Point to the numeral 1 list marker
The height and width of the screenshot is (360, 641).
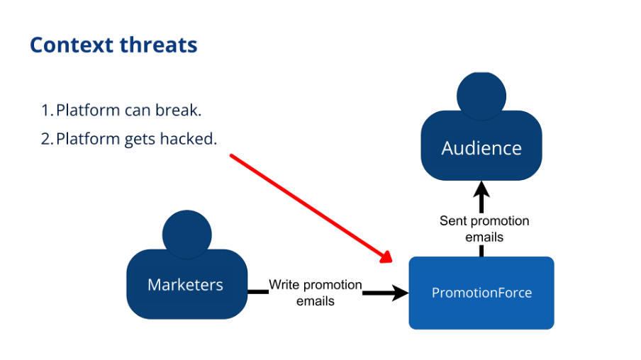(x=46, y=111)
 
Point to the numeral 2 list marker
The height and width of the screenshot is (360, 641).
(x=47, y=138)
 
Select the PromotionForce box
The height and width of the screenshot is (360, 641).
(x=481, y=293)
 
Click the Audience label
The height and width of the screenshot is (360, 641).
(x=481, y=148)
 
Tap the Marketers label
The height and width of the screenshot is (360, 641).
(x=185, y=285)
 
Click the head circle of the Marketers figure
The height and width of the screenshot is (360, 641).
(x=186, y=232)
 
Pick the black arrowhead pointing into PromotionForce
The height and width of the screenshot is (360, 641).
(x=400, y=292)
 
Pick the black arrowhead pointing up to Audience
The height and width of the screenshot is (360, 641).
(x=482, y=191)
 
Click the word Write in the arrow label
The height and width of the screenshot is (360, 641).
(x=284, y=285)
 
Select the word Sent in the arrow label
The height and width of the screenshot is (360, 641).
(x=453, y=220)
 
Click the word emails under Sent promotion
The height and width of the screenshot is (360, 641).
(x=484, y=237)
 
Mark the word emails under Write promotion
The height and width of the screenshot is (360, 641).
(x=316, y=300)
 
